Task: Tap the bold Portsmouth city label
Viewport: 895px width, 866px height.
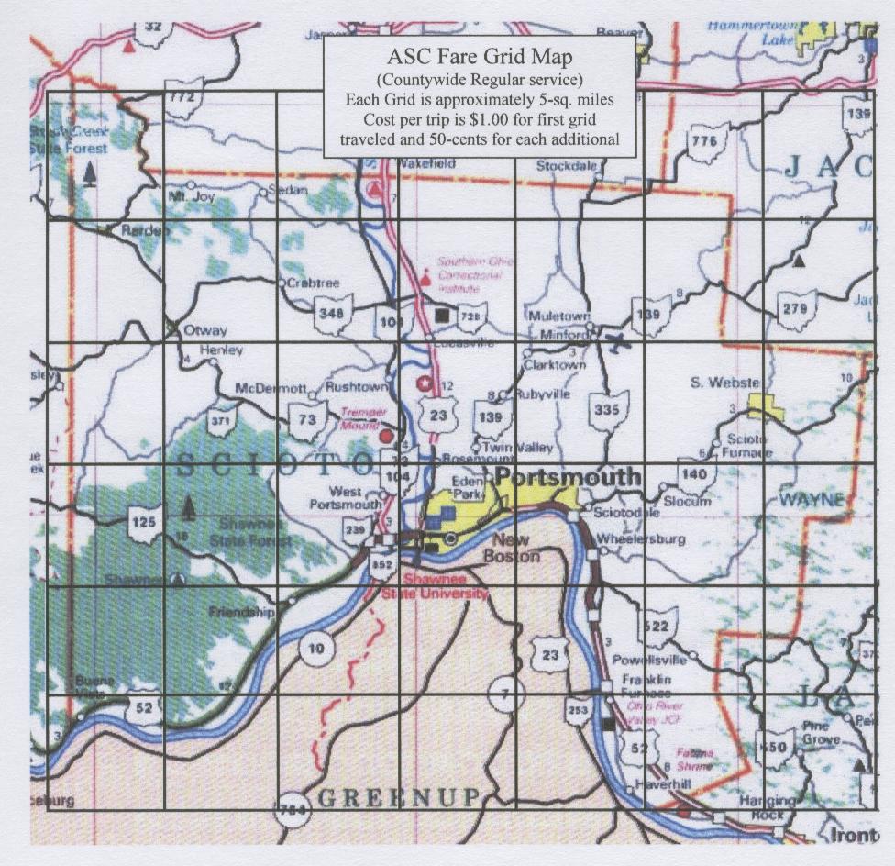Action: [x=568, y=477]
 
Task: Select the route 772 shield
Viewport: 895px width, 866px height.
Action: [x=183, y=95]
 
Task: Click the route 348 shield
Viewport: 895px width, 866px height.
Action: [x=333, y=314]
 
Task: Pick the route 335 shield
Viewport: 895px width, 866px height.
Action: [x=608, y=410]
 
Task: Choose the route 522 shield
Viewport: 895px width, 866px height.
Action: [x=658, y=626]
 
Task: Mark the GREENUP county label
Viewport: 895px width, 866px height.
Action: [x=397, y=796]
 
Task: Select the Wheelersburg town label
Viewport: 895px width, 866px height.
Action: [x=640, y=539]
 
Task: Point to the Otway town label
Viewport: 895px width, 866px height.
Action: [x=205, y=330]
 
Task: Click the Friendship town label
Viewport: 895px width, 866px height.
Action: [x=241, y=611]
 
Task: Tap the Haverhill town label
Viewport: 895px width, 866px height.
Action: [x=658, y=786]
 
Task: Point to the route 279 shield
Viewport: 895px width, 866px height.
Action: [x=795, y=310]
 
